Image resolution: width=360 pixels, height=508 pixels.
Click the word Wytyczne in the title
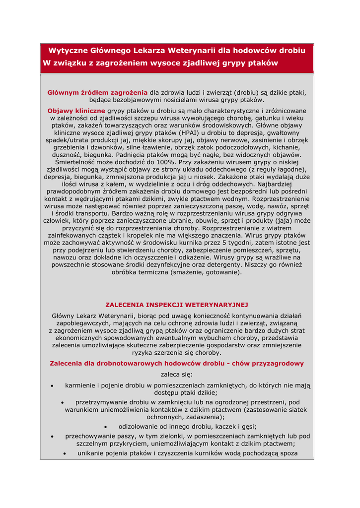[67, 51]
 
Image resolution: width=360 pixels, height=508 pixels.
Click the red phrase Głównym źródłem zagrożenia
[97, 92]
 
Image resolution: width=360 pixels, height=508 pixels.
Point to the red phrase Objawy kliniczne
[76, 111]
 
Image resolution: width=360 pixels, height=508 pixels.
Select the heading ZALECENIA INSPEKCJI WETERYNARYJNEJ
[177, 305]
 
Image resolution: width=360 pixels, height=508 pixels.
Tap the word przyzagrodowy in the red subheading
[279, 364]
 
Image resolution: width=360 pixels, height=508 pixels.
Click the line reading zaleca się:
[177, 375]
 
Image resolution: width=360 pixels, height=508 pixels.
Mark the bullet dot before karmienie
[53, 385]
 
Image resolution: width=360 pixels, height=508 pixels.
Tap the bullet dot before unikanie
[65, 453]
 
